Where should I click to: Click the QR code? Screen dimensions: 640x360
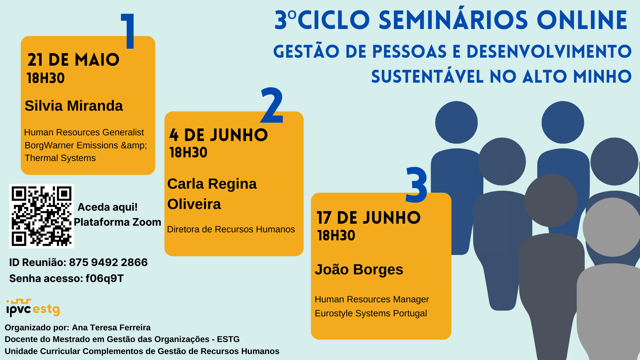point(41,216)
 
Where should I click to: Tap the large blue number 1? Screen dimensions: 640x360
point(128,31)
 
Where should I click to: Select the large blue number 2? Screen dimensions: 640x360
point(272,105)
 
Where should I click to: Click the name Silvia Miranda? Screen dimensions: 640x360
point(74,106)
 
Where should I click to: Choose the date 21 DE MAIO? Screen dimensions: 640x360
point(73,60)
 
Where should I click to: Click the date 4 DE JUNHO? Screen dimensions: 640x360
point(218,135)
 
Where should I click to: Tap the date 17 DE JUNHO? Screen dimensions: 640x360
point(369,218)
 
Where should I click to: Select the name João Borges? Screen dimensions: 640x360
point(359,269)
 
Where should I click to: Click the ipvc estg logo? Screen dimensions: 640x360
point(33,307)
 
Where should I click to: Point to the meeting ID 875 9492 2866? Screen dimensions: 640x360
point(108,262)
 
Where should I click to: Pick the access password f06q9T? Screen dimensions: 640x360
point(105,278)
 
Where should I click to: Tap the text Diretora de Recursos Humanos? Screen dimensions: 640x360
point(231,229)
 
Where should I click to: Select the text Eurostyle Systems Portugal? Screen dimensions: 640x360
point(371,313)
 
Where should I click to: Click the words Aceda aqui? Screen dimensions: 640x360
point(107,207)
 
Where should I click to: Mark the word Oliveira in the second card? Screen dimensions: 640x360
point(194,204)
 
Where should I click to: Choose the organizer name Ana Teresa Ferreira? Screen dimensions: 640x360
point(111,327)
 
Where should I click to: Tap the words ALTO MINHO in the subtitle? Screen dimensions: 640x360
point(577,76)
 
